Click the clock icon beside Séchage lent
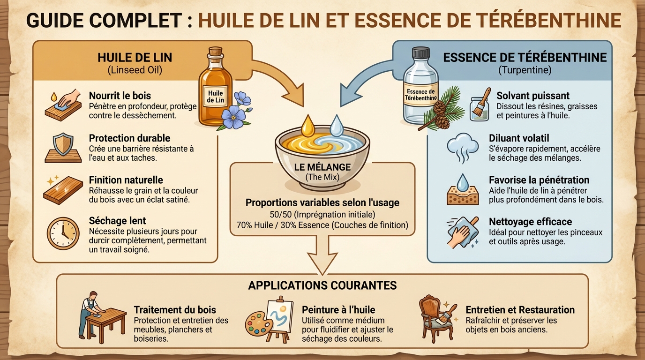point(62,232)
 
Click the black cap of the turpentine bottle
point(420,52)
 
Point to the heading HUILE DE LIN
point(135,58)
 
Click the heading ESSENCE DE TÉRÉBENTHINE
point(525,58)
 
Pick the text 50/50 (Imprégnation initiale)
point(322,215)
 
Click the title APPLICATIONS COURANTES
point(322,285)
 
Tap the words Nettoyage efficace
point(530,221)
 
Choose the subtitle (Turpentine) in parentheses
point(524,70)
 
